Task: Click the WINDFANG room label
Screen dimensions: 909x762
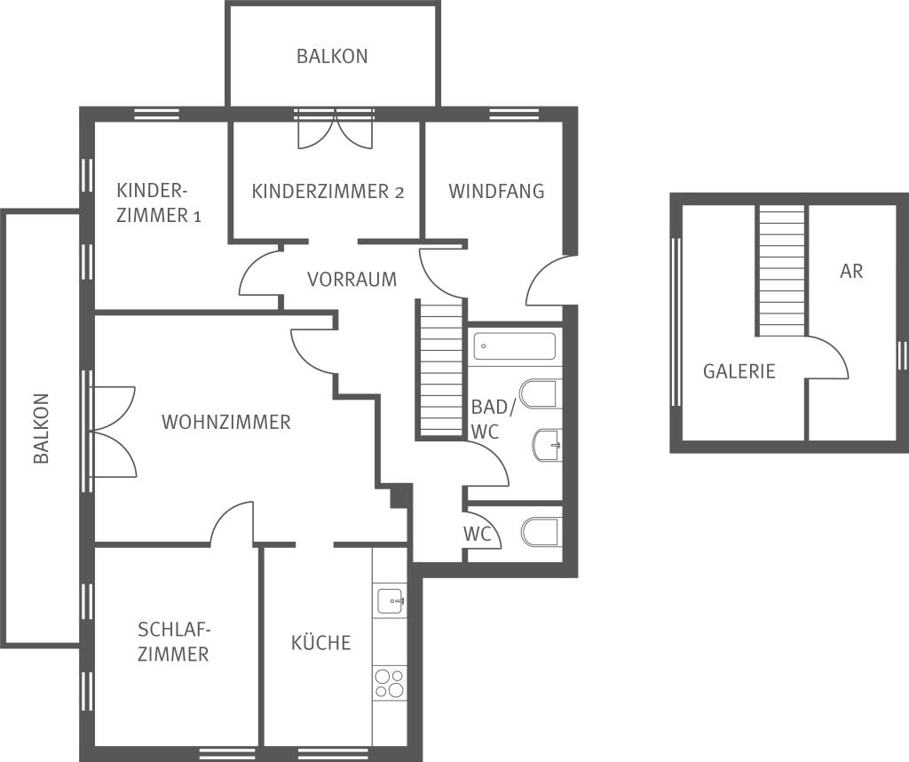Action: [x=496, y=191]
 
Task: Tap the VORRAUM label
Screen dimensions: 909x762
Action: [x=352, y=280]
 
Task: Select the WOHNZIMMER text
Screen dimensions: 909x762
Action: [x=226, y=422]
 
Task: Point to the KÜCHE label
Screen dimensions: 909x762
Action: [x=321, y=641]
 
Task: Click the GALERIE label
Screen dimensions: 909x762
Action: [x=739, y=371]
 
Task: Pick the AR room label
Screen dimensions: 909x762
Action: [x=851, y=272]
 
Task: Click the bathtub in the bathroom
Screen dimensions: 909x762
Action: [x=515, y=346]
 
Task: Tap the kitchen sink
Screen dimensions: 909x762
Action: [x=391, y=600]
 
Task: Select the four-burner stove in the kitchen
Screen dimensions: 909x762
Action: [x=390, y=683]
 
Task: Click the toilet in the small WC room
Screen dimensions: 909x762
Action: [x=541, y=532]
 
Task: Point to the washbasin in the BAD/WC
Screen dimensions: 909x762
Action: [x=547, y=445]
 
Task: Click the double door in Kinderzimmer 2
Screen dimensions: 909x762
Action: [x=335, y=131]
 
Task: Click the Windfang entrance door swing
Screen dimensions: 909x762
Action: [x=549, y=282]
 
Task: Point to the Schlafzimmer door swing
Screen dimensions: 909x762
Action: [x=232, y=523]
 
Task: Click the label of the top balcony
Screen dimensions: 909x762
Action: [x=332, y=56]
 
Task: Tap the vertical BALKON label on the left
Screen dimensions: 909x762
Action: [x=41, y=429]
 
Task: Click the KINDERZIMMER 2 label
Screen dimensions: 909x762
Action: [x=328, y=191]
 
